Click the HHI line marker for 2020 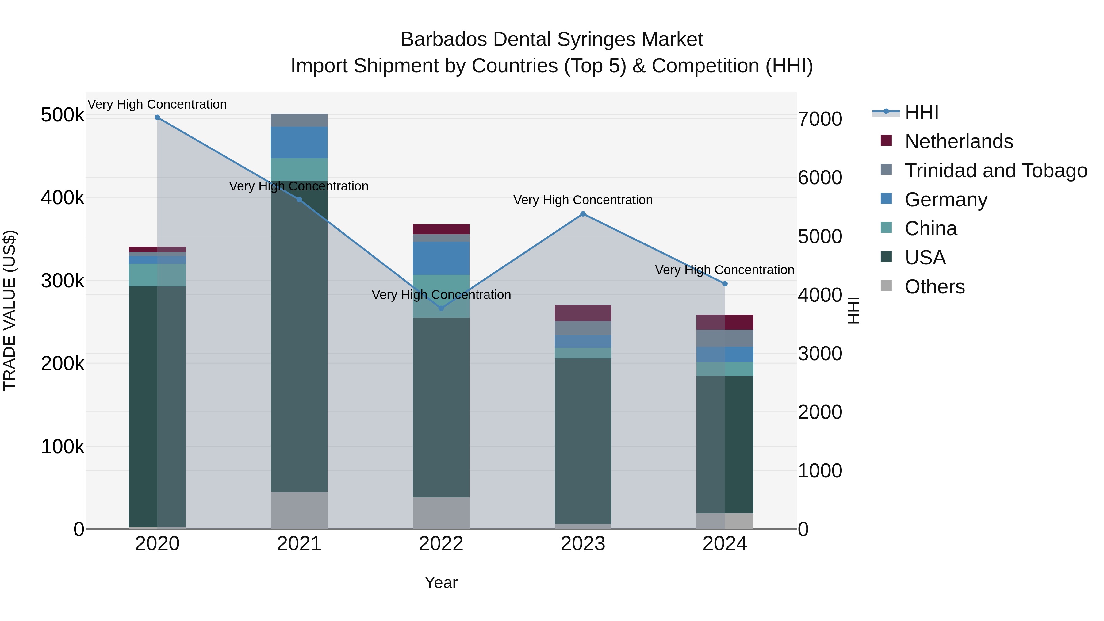tap(157, 117)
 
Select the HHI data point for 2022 tap(441, 308)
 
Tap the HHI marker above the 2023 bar tap(583, 214)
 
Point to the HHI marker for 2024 tap(725, 284)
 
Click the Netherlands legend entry tap(958, 141)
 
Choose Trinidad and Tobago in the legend tap(995, 171)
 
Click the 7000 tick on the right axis tap(820, 119)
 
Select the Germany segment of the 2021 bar tap(299, 142)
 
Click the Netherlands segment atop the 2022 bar tap(441, 229)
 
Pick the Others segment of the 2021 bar tap(299, 510)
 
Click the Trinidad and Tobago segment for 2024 tap(725, 338)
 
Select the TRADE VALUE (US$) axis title tap(10, 310)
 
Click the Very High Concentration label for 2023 tap(583, 200)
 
